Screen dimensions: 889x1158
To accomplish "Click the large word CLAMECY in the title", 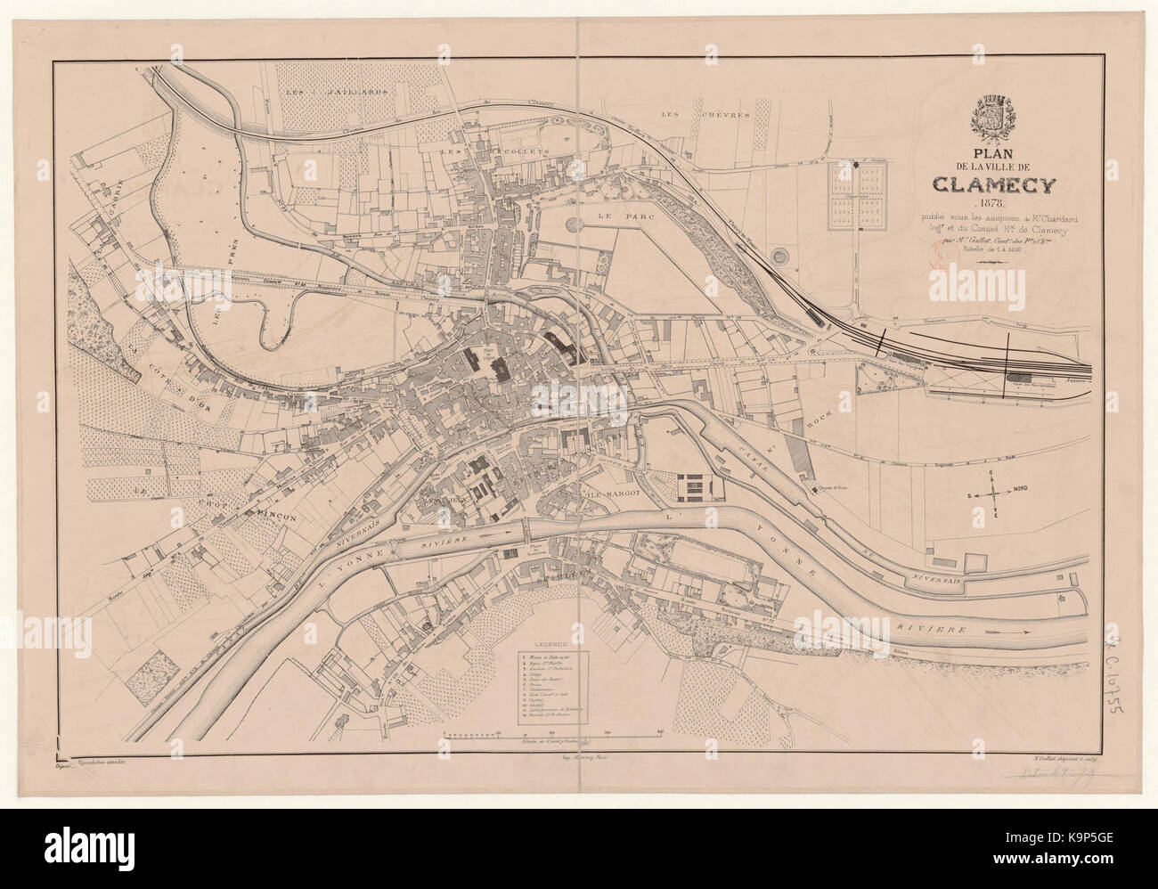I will pyautogui.click(x=995, y=184).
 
